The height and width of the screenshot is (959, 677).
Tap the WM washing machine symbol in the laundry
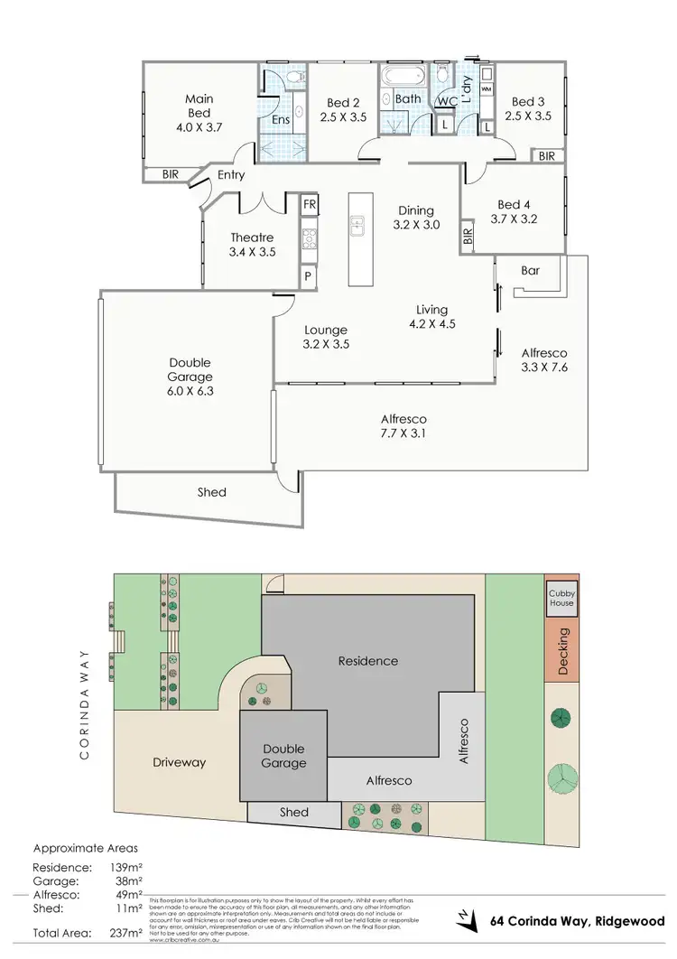[x=487, y=90]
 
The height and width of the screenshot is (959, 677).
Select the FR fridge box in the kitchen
[x=309, y=205]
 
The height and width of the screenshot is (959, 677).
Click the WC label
[x=446, y=101]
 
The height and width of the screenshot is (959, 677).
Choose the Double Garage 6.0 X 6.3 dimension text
[x=190, y=392]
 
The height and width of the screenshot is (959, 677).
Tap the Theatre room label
[x=252, y=238]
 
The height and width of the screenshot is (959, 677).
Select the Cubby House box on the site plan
[x=561, y=598]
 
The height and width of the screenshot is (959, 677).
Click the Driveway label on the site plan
[x=179, y=762]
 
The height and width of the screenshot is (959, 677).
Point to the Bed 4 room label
[x=514, y=205]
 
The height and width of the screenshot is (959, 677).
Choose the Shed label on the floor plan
[x=212, y=492]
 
